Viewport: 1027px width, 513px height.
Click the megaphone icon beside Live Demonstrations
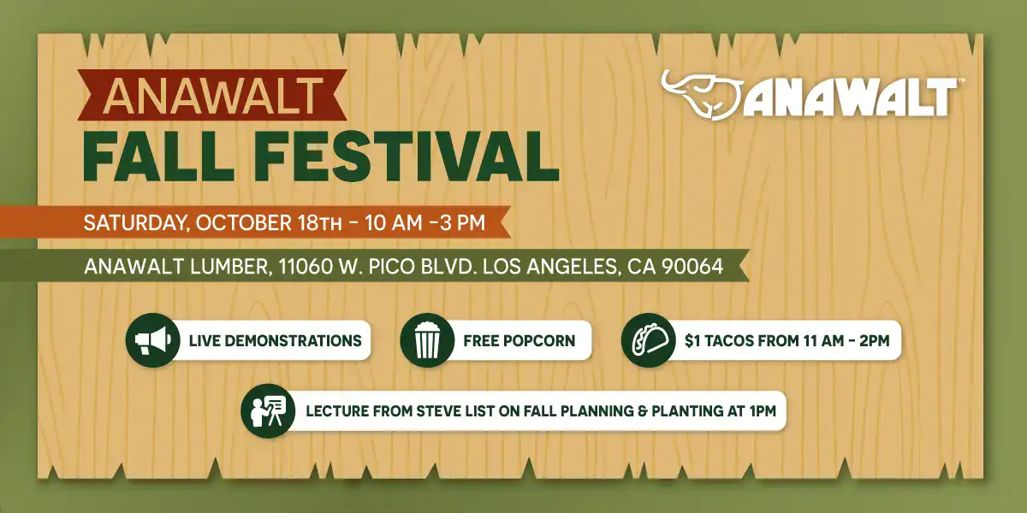pos(153,340)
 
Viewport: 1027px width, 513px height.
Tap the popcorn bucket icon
pos(427,340)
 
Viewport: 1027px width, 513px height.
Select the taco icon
pos(649,340)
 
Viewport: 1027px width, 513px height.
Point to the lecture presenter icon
pos(268,411)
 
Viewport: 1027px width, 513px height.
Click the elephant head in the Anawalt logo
pos(702,95)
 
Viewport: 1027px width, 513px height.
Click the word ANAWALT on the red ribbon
pos(213,96)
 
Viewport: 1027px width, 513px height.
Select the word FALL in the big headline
pos(158,157)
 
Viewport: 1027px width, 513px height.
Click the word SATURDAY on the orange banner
pos(137,223)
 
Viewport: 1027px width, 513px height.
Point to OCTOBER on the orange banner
pos(243,223)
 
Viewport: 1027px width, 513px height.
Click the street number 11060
pos(306,266)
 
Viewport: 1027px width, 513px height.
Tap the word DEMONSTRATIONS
pos(293,341)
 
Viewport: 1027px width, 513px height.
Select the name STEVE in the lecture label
pos(438,411)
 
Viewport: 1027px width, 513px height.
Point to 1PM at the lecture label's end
pos(763,411)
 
